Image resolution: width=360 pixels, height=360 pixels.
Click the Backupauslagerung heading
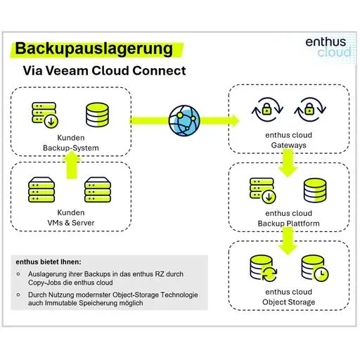94,49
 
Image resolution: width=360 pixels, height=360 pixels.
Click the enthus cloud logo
326,47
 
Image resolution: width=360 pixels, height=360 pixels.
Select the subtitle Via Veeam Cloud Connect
104,71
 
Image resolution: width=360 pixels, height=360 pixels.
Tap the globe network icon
184,119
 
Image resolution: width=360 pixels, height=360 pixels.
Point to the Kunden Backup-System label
71,143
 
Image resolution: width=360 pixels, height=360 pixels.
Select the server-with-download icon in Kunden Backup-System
46,114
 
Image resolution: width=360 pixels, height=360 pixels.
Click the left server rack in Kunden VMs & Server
44,190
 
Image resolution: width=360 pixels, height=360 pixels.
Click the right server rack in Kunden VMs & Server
98,190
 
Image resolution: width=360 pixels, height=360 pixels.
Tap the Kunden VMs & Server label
71,218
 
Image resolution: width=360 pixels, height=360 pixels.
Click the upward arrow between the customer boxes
71,167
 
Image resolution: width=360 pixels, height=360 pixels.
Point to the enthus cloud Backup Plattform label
288,219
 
